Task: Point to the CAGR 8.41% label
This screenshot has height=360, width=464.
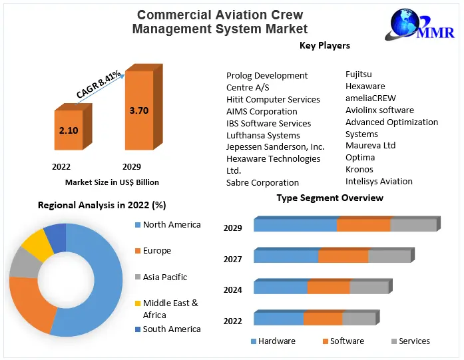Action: coord(99,85)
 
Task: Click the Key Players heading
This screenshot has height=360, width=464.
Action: coord(325,46)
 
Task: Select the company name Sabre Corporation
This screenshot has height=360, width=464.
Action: coord(262,182)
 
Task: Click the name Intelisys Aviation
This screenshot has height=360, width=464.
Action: coord(379,181)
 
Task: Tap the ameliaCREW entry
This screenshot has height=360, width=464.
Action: coord(370,98)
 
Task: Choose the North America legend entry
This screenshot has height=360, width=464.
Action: coord(171,225)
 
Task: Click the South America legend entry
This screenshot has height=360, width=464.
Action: coord(171,329)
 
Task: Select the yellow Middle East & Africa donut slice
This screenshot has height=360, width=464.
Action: coord(37,245)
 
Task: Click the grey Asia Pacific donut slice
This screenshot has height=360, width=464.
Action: coord(22,264)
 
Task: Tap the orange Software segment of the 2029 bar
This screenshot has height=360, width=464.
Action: coord(363,225)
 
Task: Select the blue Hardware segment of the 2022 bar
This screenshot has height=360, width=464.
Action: coord(278,319)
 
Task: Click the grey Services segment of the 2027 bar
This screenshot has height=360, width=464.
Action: coord(389,256)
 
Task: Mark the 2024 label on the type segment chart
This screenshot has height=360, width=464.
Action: coord(232,289)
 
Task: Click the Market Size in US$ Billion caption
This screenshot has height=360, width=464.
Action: coord(112,182)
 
